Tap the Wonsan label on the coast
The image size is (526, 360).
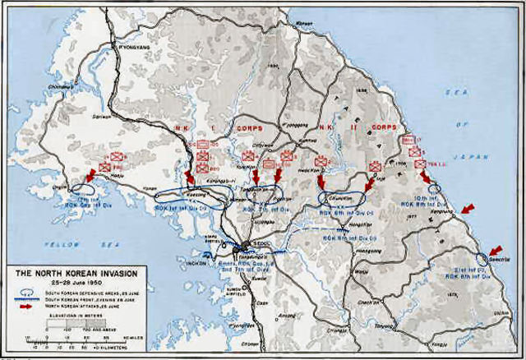pyautogui.click(x=305, y=21)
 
